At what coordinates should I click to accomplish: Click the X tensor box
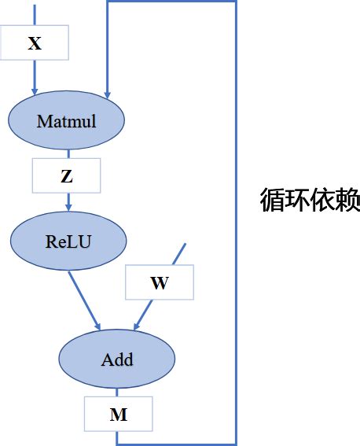point(35,43)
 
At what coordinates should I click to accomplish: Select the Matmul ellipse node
point(66,121)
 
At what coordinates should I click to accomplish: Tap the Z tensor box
point(66,176)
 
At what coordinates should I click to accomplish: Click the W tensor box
point(159,283)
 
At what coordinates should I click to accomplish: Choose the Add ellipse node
point(117,359)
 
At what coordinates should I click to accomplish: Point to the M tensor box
point(118,414)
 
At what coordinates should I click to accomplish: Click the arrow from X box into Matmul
point(35,79)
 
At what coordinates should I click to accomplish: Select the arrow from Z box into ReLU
point(68,201)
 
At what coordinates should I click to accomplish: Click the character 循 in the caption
point(272,200)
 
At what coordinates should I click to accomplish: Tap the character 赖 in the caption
point(347,200)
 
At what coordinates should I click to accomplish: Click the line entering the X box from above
point(35,13)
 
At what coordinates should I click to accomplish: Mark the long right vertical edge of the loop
point(235,220)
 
